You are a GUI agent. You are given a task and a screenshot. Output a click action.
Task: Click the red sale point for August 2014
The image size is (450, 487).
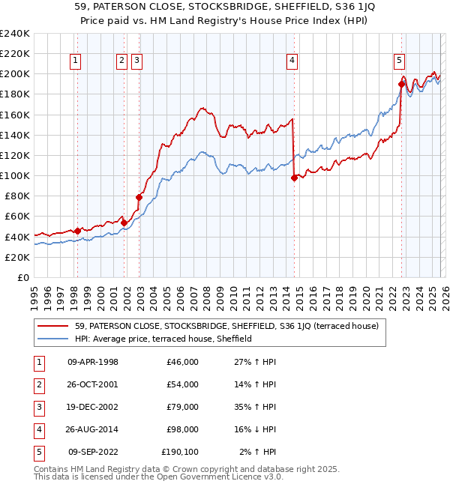pyautogui.click(x=294, y=178)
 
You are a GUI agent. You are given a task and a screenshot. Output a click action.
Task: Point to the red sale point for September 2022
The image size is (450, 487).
pyautogui.click(x=401, y=85)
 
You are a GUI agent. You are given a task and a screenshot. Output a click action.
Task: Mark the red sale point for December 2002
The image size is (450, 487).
pyautogui.click(x=139, y=197)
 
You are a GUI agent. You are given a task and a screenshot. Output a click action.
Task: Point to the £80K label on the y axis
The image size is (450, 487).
pyautogui.click(x=16, y=196)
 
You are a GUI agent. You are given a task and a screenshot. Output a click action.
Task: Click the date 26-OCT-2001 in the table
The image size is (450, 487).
pyautogui.click(x=93, y=384)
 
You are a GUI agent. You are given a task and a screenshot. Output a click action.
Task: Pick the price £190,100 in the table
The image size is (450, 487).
pyautogui.click(x=180, y=452)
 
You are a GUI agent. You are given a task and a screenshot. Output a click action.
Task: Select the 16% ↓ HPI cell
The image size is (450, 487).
pyautogui.click(x=260, y=429)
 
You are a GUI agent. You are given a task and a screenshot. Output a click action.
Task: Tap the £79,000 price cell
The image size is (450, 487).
pyautogui.click(x=183, y=407)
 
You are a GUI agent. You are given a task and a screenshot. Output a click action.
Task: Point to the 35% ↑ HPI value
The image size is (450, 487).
pyautogui.click(x=260, y=407)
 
